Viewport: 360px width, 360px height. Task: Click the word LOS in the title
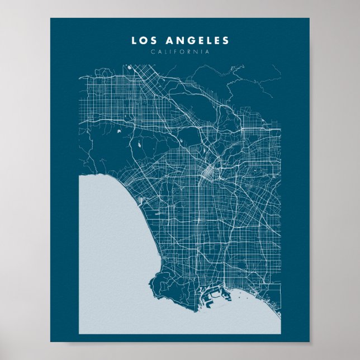coord(143,40)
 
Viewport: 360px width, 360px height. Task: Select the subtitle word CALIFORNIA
coord(180,52)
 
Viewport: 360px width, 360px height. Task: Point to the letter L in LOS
coord(134,40)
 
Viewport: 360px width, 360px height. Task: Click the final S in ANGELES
coord(226,40)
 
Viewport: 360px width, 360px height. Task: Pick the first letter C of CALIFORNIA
coord(152,52)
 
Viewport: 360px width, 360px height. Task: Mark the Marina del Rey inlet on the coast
coord(140,200)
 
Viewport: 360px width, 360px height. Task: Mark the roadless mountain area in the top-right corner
coord(263,89)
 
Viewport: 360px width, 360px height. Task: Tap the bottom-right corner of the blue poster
coord(309,341)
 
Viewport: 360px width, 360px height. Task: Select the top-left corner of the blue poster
coord(51,18)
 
